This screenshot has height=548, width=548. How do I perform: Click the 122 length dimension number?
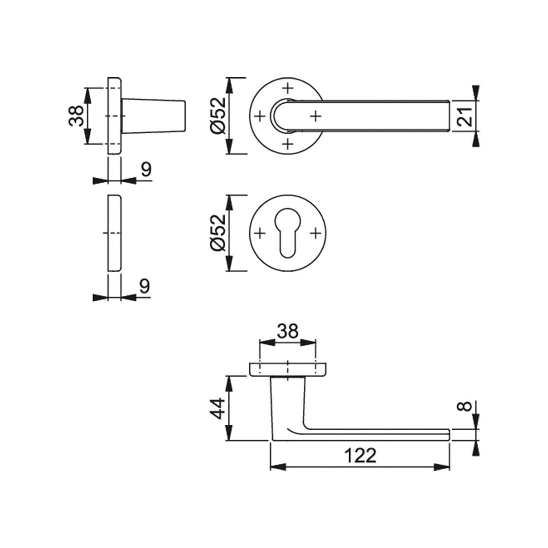[360, 456]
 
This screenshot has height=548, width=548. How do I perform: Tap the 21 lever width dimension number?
[464, 116]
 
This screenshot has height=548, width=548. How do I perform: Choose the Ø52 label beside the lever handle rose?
[217, 116]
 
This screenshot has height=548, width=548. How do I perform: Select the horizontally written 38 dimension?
[288, 331]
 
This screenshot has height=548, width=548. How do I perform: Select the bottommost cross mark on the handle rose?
[288, 144]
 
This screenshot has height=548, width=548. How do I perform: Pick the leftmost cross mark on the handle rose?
[259, 116]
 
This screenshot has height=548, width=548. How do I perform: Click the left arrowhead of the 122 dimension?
[278, 467]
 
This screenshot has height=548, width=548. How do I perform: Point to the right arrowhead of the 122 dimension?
[442, 467]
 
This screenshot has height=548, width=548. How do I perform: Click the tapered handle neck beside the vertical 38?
[154, 116]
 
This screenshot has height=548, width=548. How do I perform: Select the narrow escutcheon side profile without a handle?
[115, 233]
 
